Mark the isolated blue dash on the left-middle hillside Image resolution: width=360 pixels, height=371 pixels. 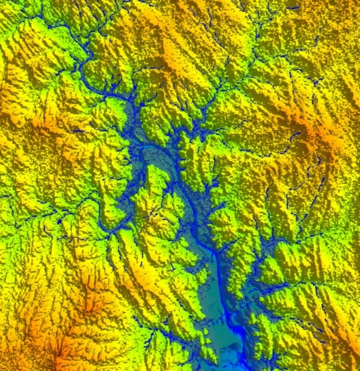click(x=78, y=131)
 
